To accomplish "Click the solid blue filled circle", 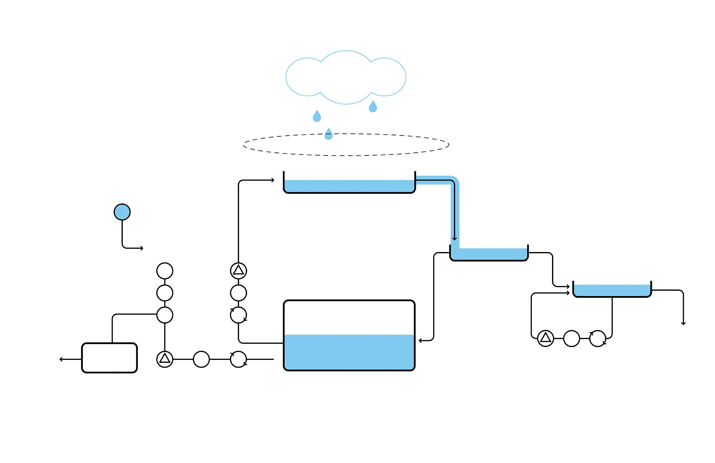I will click(122, 212).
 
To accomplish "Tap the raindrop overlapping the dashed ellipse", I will click(329, 134).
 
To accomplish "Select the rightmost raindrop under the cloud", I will click(373, 107).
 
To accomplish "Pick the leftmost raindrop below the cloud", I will click(317, 116).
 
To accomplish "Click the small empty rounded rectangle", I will click(109, 358).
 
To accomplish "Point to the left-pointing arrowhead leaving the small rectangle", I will click(61, 359).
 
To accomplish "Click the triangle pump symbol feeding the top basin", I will click(238, 271).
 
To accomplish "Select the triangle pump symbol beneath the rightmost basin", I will click(546, 338).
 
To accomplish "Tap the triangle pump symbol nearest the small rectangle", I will click(165, 359).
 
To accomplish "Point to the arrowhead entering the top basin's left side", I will click(273, 180).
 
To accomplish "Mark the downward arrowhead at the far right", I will click(684, 323).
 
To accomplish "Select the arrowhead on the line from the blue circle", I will click(142, 248).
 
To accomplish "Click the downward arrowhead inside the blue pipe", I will click(455, 239).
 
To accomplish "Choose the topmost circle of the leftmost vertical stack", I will click(165, 271).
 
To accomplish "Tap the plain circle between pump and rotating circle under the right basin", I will click(571, 338).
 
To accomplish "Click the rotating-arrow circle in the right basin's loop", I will click(598, 338).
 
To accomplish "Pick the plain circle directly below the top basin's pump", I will click(238, 293).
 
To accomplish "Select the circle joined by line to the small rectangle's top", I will click(165, 315).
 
